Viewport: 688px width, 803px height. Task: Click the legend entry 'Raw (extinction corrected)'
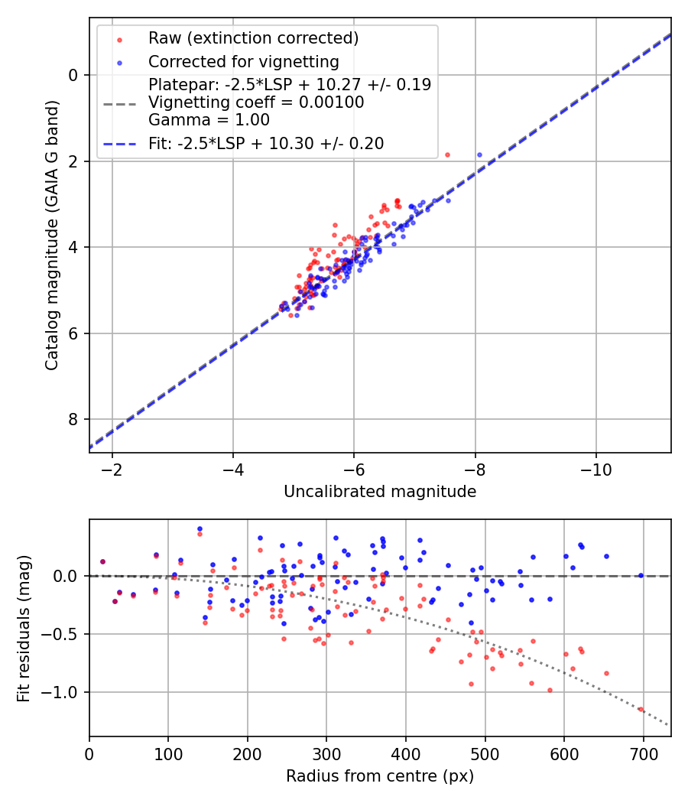253,38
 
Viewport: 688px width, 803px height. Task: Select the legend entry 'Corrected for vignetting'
244,61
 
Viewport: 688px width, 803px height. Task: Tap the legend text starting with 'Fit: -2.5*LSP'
266,143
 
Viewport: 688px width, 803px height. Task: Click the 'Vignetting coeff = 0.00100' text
256,102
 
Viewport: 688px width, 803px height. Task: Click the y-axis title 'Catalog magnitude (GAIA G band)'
52,235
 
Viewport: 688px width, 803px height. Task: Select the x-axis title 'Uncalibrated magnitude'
380,492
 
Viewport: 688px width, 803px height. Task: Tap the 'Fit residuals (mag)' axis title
24,628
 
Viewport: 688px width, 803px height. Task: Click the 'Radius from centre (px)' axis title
380,776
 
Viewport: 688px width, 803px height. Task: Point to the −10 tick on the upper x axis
596,468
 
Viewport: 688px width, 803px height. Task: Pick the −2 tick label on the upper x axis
112,468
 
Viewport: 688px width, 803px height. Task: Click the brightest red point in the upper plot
447,154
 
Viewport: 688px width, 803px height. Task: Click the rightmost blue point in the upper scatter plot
479,154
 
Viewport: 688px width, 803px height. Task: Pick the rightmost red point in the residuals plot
641,709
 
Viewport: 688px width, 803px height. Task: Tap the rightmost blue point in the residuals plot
641,575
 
